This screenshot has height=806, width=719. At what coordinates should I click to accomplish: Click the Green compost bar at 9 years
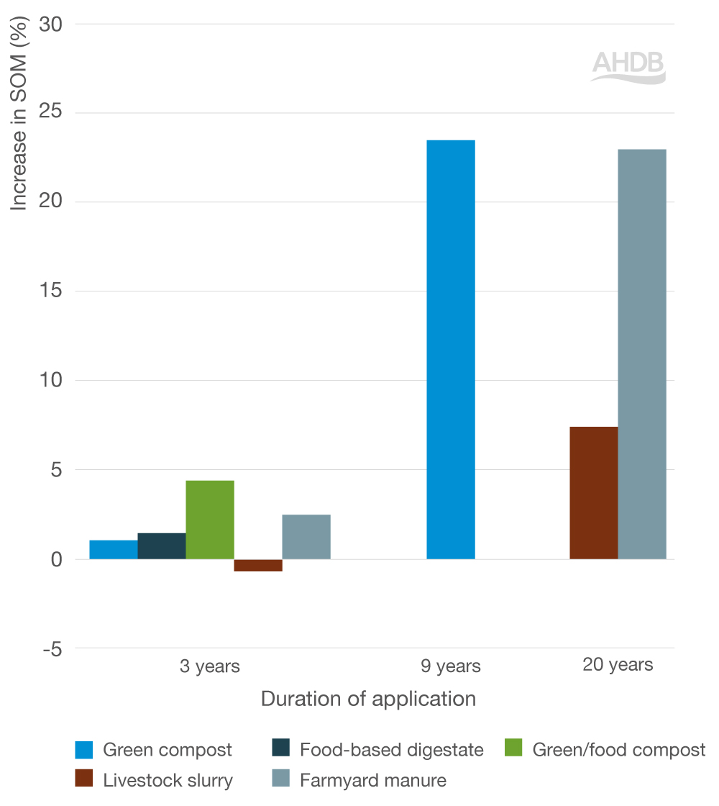(451, 350)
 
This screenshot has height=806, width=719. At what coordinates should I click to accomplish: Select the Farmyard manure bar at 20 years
(642, 354)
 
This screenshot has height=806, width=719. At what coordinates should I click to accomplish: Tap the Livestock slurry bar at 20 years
(594, 493)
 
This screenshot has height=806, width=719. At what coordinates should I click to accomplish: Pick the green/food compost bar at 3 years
(210, 520)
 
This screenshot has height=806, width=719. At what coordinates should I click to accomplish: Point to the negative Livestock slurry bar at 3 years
(258, 565)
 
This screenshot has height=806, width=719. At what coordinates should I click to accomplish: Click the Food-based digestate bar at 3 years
(162, 546)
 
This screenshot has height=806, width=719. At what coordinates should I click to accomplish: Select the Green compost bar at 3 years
(114, 550)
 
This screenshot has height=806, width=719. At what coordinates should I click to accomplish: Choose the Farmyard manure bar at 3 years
(306, 537)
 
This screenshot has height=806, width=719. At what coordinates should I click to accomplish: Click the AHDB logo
(628, 67)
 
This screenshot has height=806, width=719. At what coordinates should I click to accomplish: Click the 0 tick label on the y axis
(57, 559)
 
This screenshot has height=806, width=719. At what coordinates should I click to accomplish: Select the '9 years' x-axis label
(451, 666)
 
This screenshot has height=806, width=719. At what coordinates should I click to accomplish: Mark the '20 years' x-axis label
(618, 664)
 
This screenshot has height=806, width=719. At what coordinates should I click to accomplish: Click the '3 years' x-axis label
(210, 666)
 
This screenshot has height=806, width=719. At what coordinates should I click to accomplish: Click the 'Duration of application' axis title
(368, 699)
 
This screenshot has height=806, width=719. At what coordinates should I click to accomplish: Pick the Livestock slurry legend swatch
(84, 779)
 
